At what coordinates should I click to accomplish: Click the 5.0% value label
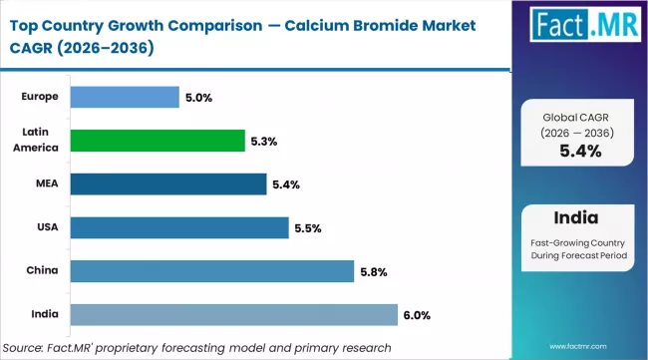199,98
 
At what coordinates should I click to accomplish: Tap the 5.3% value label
264,141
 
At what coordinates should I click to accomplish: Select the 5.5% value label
308,228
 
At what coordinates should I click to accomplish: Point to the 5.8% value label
374,271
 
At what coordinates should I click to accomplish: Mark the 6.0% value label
418,315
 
